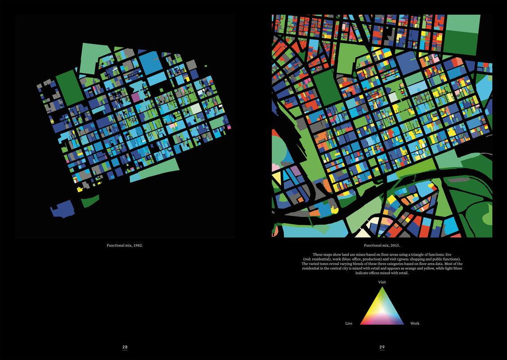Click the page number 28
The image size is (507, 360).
pyautogui.click(x=125, y=347)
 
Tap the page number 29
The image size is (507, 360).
pyautogui.click(x=382, y=347)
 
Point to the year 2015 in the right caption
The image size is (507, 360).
pyautogui.click(x=395, y=246)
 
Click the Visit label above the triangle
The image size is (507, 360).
pyautogui.click(x=382, y=282)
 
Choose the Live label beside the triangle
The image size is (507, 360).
pyautogui.click(x=349, y=324)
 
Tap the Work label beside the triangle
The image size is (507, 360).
pyautogui.click(x=415, y=324)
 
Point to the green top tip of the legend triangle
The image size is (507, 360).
pyautogui.click(x=382, y=289)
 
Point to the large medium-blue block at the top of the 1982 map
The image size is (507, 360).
pyautogui.click(x=150, y=63)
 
